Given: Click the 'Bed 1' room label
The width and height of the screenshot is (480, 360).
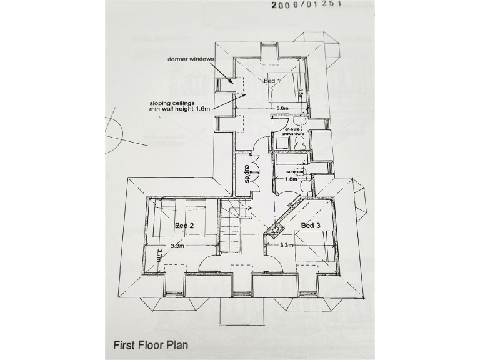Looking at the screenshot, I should (272, 81).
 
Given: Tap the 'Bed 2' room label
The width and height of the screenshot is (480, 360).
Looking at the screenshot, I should (184, 225).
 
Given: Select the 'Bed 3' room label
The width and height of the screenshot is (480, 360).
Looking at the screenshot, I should (311, 225).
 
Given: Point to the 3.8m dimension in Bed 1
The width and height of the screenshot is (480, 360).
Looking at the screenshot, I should (283, 108).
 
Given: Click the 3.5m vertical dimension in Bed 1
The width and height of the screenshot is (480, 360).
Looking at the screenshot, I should (301, 93).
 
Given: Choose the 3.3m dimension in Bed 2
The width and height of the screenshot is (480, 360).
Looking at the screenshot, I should (178, 246).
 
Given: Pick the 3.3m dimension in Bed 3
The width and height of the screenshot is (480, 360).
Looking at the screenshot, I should (287, 246).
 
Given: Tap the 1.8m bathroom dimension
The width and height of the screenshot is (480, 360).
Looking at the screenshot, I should (291, 179).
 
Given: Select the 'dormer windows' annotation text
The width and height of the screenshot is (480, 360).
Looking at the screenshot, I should (191, 59).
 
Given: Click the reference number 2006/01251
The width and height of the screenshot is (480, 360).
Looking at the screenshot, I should (306, 5).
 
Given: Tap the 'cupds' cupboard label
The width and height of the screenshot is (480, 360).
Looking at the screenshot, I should (247, 172).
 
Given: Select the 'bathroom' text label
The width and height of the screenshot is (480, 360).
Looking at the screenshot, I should (294, 171).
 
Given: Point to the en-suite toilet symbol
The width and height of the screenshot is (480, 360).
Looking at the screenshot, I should (299, 142).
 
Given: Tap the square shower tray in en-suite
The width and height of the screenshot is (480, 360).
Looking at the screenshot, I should (282, 142).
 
